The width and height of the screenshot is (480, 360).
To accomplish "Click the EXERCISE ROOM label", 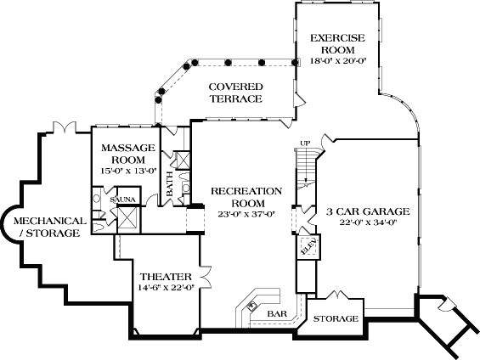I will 336,43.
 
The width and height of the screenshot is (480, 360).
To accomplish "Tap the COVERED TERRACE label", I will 235,93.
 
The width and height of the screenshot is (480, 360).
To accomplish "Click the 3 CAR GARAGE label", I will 368,211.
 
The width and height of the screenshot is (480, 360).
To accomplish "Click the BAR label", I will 277,314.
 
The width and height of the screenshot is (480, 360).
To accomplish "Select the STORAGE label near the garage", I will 336,319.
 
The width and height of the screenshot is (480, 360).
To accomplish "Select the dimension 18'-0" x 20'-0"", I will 336,60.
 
